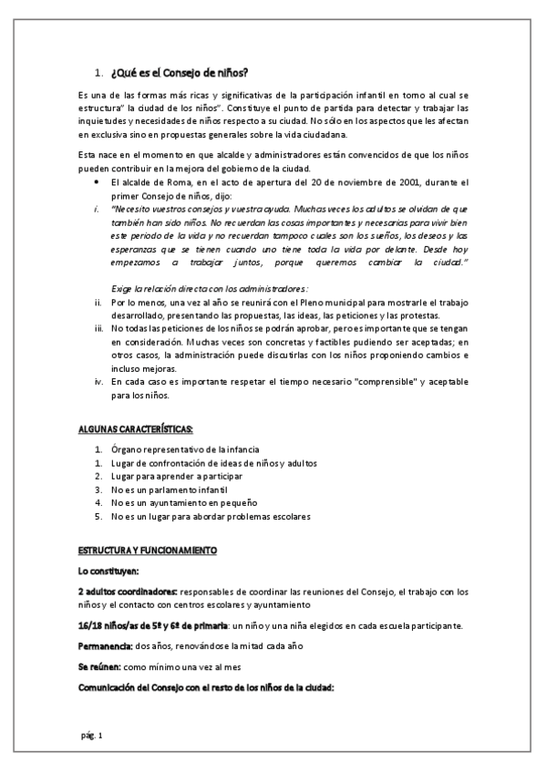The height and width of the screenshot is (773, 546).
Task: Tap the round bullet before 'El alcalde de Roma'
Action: click(x=98, y=183)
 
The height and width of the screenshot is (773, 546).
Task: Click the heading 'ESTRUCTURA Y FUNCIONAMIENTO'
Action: click(x=146, y=551)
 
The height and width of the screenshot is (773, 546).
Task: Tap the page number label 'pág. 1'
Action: click(x=92, y=734)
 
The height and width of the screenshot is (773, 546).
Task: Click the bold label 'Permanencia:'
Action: click(x=106, y=645)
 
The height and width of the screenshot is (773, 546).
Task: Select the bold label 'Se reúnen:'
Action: click(x=100, y=667)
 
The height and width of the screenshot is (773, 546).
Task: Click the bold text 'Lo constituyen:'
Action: click(x=108, y=571)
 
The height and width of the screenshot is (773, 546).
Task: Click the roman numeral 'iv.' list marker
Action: click(x=99, y=382)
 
